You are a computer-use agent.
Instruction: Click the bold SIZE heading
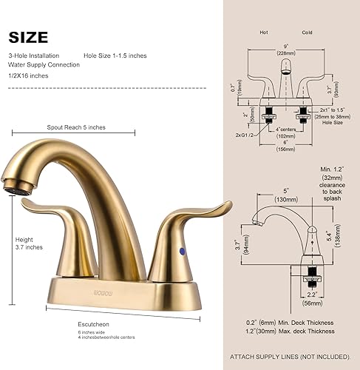point(29,36)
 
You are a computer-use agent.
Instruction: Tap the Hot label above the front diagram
point(264,33)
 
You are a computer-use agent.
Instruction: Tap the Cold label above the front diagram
point(307,33)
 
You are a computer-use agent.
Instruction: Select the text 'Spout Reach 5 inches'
point(76,127)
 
